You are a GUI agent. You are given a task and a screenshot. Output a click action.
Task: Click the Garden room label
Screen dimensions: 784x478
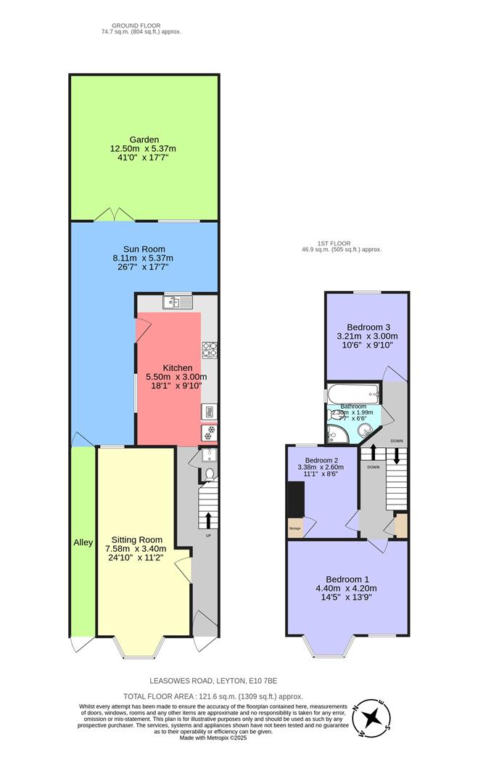coord(144,139)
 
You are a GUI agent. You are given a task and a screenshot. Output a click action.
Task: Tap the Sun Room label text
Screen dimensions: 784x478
coord(143,248)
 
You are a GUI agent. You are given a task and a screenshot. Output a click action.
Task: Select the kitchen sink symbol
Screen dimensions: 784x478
coord(177,302)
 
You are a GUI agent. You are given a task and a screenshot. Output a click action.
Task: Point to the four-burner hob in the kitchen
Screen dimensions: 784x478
coord(209,351)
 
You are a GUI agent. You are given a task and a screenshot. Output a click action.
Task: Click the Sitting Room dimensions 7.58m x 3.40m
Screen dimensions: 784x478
coord(136,549)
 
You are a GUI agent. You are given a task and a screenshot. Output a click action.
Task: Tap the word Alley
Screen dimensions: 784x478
coord(83,542)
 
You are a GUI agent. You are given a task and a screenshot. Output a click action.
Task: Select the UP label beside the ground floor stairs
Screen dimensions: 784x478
coord(210,536)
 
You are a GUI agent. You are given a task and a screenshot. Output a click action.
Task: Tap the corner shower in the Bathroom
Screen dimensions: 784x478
coord(338,434)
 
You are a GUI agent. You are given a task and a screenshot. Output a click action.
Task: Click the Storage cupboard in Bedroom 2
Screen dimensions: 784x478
coord(295,526)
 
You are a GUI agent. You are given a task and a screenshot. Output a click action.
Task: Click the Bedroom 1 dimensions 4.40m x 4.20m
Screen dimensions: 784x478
coord(346,588)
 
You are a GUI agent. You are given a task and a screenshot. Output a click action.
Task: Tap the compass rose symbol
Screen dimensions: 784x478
coord(372,716)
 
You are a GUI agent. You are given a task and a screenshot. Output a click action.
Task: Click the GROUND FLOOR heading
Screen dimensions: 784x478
coord(141,25)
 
